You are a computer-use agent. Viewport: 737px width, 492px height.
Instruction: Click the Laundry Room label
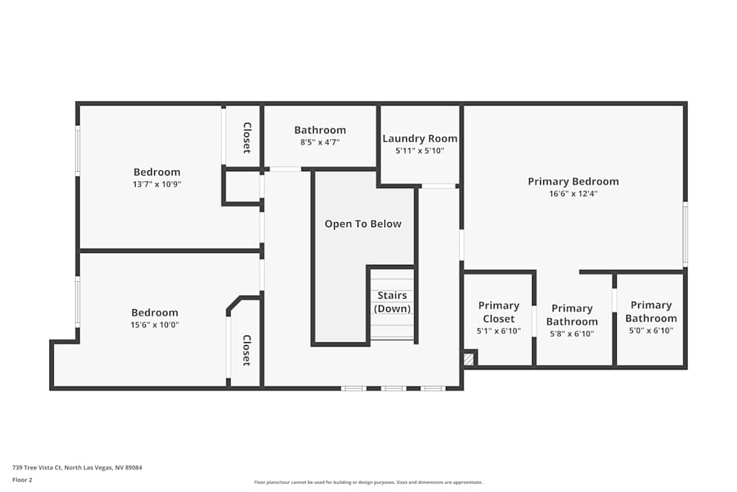[x=420, y=139]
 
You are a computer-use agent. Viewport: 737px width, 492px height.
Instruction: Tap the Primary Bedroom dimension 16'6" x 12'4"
[x=573, y=194]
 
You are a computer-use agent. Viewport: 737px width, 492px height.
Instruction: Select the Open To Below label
[x=363, y=224]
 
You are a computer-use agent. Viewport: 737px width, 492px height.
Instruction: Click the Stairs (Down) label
[x=392, y=302]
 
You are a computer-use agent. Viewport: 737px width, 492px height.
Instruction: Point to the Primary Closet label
[x=499, y=312]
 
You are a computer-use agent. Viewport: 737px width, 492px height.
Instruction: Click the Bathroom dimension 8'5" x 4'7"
[x=320, y=142]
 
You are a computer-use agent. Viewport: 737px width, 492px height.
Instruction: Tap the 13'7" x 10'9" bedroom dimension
[x=157, y=184]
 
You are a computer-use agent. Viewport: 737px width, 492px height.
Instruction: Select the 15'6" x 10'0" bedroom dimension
[x=155, y=325]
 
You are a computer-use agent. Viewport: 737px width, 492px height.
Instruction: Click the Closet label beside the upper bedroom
[x=247, y=138]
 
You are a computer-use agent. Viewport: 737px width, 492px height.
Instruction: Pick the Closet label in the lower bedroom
[x=247, y=350]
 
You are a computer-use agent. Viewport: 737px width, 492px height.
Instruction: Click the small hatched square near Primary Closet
[x=469, y=359]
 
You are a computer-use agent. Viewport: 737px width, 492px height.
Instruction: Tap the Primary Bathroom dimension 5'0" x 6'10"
[x=651, y=331]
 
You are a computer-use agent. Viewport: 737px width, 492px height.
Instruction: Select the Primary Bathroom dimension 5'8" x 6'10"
[x=572, y=333]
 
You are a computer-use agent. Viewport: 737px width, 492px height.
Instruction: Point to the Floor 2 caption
[x=22, y=479]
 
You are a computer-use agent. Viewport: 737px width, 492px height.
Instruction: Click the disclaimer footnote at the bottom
[x=368, y=482]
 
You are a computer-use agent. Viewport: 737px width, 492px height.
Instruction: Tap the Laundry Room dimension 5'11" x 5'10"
[x=420, y=151]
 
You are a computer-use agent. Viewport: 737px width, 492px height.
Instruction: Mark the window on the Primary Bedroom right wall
[x=685, y=235]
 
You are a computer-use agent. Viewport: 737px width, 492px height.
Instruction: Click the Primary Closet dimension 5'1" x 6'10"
[x=499, y=331]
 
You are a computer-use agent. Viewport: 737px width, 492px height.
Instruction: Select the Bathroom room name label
[x=320, y=131]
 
